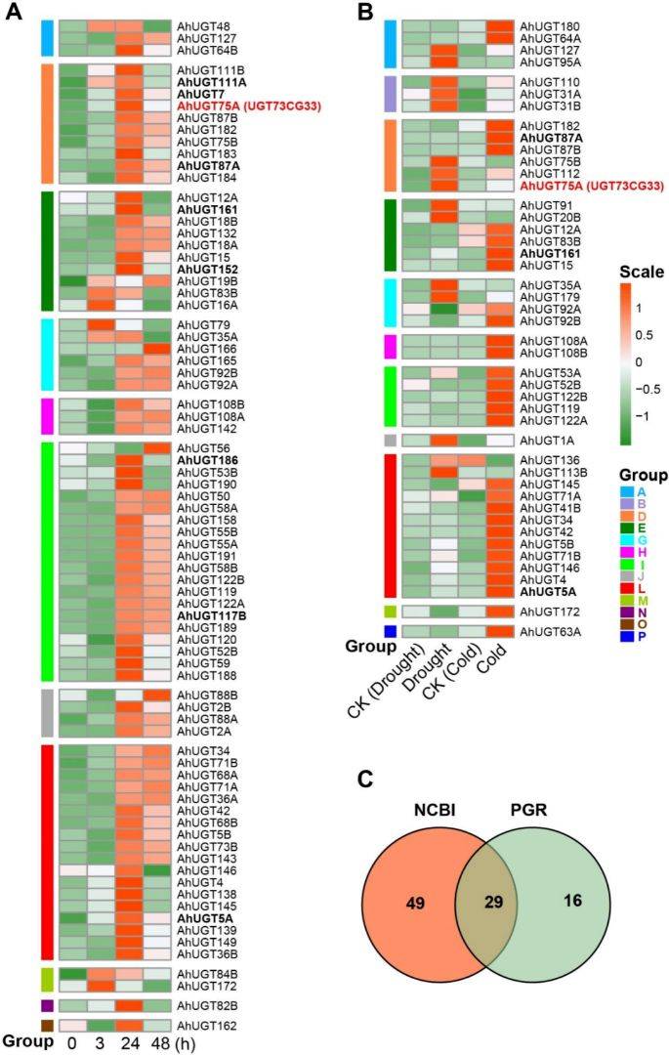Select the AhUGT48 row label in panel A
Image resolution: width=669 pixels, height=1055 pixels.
point(199,24)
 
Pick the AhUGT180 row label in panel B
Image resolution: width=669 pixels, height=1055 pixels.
point(550,24)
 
